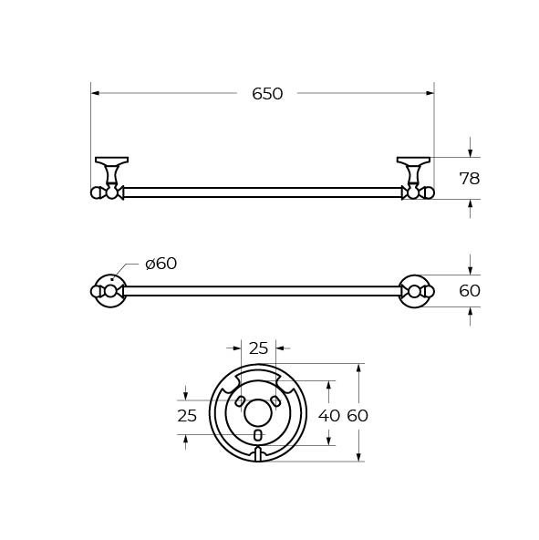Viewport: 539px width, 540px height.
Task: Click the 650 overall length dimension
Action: [x=267, y=94]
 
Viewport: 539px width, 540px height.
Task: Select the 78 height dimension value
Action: [x=469, y=179]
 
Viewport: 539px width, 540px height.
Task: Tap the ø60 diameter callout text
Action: [x=161, y=264]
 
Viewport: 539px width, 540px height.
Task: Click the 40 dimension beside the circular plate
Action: [x=328, y=415]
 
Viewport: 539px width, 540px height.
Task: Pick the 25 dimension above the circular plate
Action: [x=258, y=348]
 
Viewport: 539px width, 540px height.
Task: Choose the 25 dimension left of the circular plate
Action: [x=186, y=415]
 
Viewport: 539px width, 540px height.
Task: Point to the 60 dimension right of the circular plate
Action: [x=358, y=415]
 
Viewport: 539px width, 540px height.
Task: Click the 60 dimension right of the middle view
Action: [x=469, y=291]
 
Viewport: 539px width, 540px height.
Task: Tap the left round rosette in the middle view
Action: [x=110, y=291]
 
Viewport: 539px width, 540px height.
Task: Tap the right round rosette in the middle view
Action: [x=414, y=291]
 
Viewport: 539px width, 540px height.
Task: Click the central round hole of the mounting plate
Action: [x=257, y=412]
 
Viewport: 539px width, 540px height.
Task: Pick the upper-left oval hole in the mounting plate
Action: [x=240, y=401]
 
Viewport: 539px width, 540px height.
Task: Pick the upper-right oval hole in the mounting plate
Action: [x=275, y=401]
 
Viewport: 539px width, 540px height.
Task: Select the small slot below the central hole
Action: [x=257, y=435]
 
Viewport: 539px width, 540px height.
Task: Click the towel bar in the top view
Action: [x=263, y=192]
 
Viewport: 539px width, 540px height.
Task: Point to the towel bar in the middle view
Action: [x=263, y=291]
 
